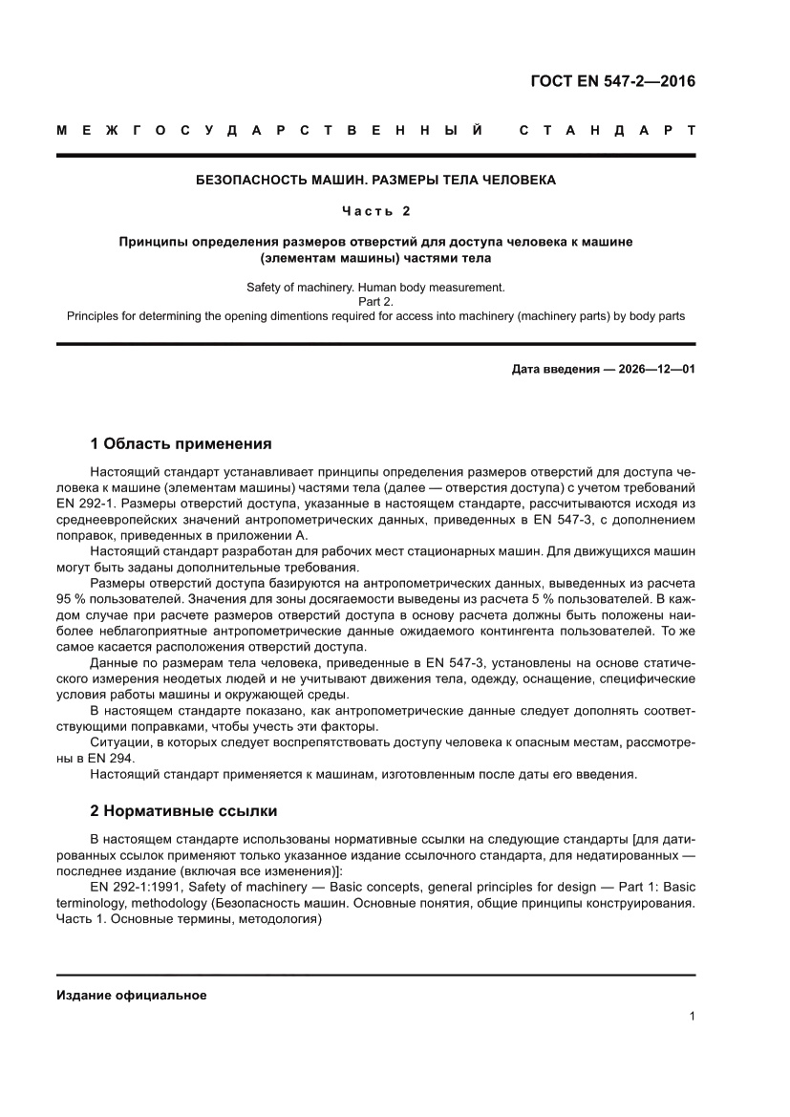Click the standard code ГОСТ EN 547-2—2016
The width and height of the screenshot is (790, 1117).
pos(612,81)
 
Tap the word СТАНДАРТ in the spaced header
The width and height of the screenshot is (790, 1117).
pos(606,130)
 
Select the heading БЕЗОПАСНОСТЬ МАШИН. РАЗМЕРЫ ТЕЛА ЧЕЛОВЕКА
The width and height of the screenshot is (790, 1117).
pos(374,180)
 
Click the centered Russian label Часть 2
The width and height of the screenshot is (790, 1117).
pos(375,210)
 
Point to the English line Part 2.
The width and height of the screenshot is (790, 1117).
pos(374,301)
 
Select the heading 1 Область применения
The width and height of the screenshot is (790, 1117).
pos(181,443)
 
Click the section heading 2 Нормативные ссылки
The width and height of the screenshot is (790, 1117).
pos(183,811)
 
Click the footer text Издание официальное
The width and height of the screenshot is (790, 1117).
pos(132,995)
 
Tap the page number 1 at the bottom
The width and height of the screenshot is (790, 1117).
pos(691,1017)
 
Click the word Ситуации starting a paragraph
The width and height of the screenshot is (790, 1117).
pos(118,741)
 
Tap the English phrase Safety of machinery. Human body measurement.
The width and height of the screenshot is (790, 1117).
pos(374,287)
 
